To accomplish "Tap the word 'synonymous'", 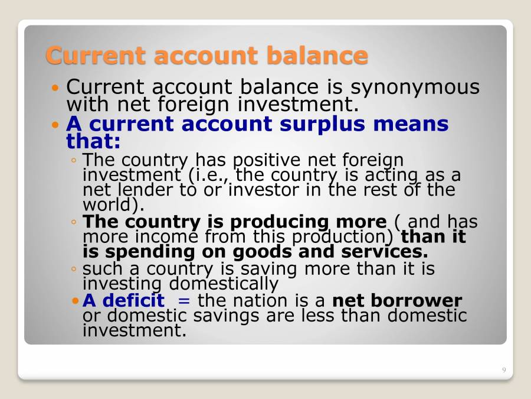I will [415, 87].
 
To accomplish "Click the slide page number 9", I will [504, 370].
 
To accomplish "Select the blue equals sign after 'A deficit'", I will [184, 300].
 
